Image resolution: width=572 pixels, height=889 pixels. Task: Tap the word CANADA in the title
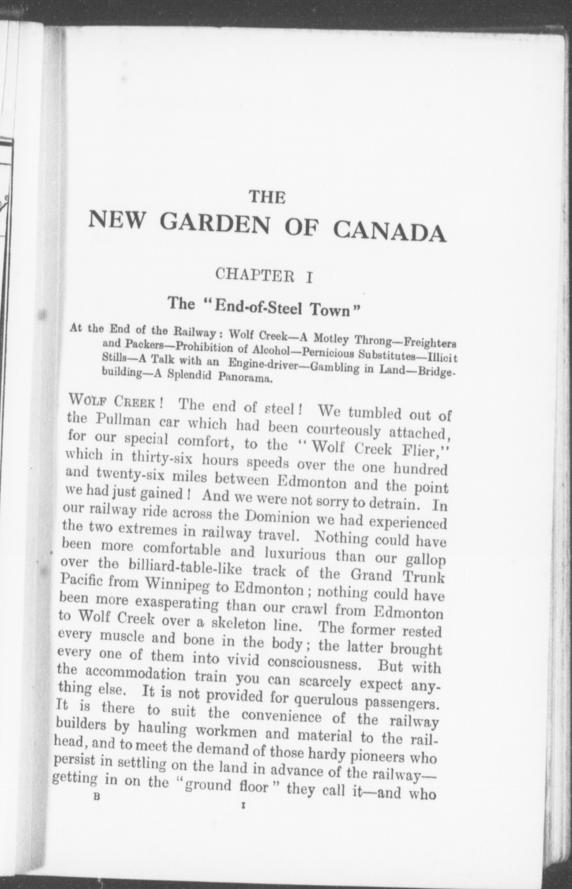pyautogui.click(x=389, y=231)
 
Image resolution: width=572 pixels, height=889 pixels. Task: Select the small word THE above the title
pyautogui.click(x=268, y=197)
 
